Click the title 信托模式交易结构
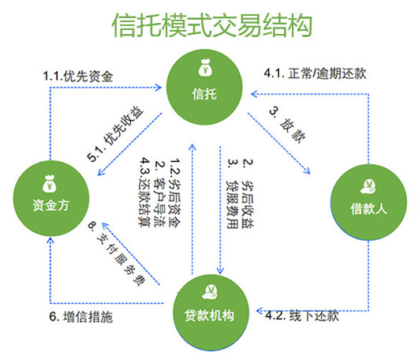212,25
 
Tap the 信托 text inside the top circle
204,94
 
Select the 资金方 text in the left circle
51,205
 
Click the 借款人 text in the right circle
368,208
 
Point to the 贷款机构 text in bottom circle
209,316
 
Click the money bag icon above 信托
205,68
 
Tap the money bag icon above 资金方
50,183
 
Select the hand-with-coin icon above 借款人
368,186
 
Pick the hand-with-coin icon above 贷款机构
211,292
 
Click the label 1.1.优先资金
78,77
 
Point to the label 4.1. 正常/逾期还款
315,73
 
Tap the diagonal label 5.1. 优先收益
115,133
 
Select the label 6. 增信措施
80,317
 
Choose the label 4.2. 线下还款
302,316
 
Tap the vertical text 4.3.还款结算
145,192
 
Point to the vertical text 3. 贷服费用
232,193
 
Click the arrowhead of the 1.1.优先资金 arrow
159,88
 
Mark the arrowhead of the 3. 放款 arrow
307,171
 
